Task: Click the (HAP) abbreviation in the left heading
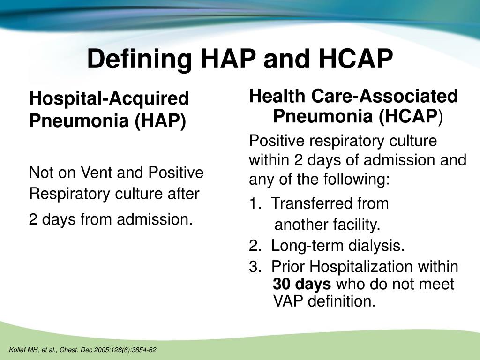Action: coord(160,121)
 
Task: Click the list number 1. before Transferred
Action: coord(255,203)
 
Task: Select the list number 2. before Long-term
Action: coord(255,246)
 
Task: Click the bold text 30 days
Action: coord(302,284)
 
